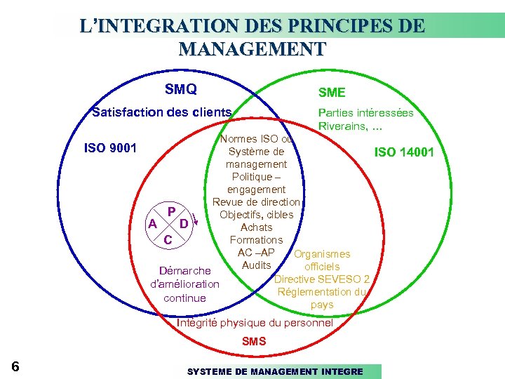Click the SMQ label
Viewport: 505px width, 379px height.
coord(180,89)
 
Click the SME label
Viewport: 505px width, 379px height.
coord(332,93)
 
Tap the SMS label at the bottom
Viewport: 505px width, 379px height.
coord(254,342)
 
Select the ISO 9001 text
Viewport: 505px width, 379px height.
coord(110,148)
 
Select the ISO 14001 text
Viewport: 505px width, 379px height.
coord(404,152)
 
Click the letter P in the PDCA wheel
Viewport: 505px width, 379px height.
coord(170,211)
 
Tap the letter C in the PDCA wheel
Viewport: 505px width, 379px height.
coord(167,240)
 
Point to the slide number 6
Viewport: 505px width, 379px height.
coord(15,366)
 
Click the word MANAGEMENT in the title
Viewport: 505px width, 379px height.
coord(252,49)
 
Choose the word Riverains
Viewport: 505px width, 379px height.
coord(342,126)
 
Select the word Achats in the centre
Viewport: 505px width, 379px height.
coord(256,227)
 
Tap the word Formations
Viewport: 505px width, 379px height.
coord(256,240)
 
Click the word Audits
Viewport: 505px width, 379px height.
coord(256,265)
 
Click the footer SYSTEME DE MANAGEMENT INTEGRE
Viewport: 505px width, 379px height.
coord(275,371)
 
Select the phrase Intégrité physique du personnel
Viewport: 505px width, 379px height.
coord(255,323)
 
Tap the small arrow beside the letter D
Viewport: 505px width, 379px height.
coord(196,218)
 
